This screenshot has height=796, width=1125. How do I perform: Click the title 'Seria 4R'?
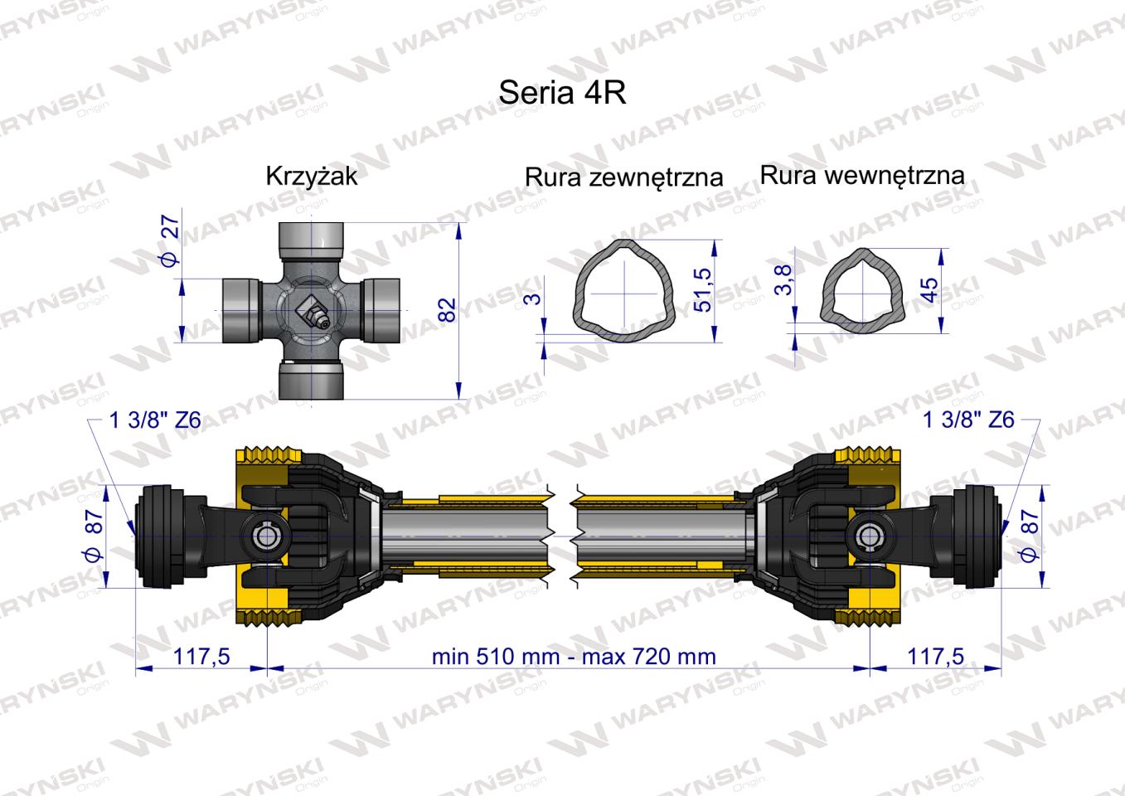point(561,92)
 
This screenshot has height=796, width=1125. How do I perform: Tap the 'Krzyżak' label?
point(311,176)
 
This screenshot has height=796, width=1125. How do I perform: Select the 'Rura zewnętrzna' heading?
point(623,177)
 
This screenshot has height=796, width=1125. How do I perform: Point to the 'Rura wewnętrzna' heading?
point(861,175)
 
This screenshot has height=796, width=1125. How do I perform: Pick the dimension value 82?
point(447,310)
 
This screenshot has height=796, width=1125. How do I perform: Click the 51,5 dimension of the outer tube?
point(702,289)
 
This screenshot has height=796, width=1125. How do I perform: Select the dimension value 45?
point(929,289)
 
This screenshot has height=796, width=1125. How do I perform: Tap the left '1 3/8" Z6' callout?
point(155,420)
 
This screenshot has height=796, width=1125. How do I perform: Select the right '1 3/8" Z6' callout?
point(968,420)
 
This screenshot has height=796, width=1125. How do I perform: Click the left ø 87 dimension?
point(93,536)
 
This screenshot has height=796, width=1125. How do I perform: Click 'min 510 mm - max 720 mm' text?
point(573,657)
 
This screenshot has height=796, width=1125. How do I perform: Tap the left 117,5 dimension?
point(201,657)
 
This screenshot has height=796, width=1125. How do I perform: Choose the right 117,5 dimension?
point(935,657)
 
